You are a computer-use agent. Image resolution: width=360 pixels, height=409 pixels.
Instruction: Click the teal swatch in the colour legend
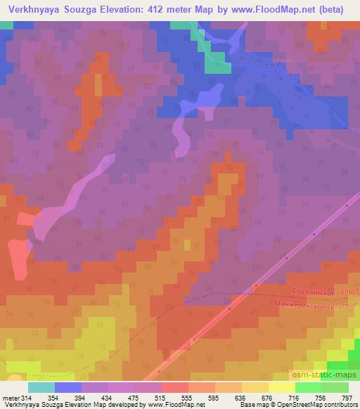pyautogui.click(x=41, y=387)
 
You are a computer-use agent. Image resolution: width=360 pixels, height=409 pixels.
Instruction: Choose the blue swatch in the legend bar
pyautogui.click(x=68, y=387)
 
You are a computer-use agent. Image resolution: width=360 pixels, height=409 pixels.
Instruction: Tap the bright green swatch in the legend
pyautogui.click(x=309, y=387)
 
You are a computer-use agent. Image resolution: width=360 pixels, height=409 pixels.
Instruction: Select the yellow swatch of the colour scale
pyautogui.click(x=282, y=387)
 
